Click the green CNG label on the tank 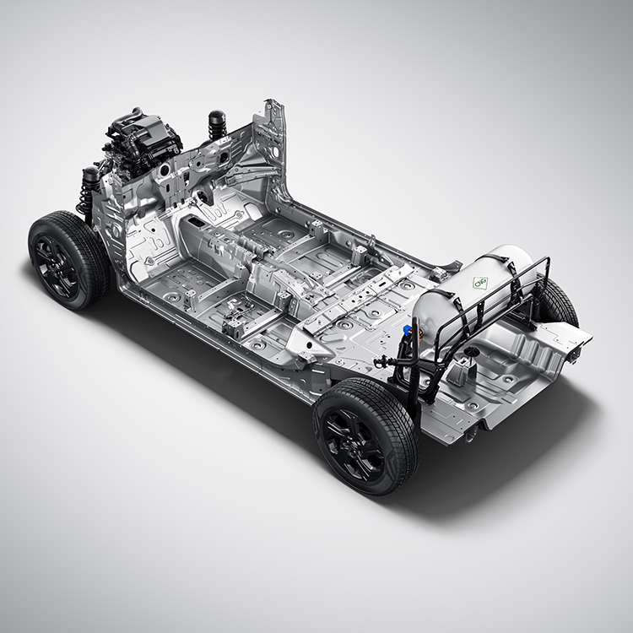(480, 282)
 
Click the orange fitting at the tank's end (419, 334)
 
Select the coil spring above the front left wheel (86, 194)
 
